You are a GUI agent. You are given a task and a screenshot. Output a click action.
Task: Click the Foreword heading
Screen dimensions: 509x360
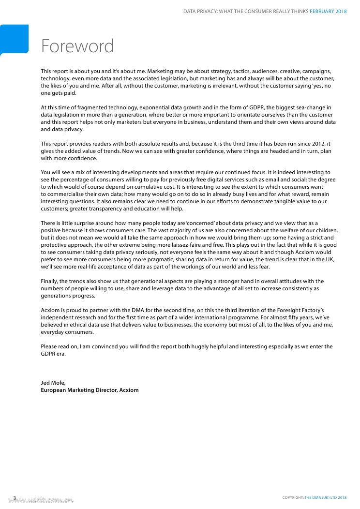pyautogui.click(x=77, y=46)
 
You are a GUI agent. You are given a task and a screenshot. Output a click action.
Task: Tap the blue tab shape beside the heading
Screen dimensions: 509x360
pyautogui.click(x=14, y=39)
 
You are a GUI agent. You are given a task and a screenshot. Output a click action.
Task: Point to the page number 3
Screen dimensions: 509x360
pyautogui.click(x=15, y=498)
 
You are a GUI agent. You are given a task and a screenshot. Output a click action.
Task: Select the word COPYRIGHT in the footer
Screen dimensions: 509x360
pyautogui.click(x=293, y=498)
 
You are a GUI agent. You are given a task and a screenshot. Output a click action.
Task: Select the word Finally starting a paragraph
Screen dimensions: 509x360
pyautogui.click(x=50, y=281)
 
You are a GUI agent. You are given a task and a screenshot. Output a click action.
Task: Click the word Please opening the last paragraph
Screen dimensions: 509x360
pyautogui.click(x=49, y=346)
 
